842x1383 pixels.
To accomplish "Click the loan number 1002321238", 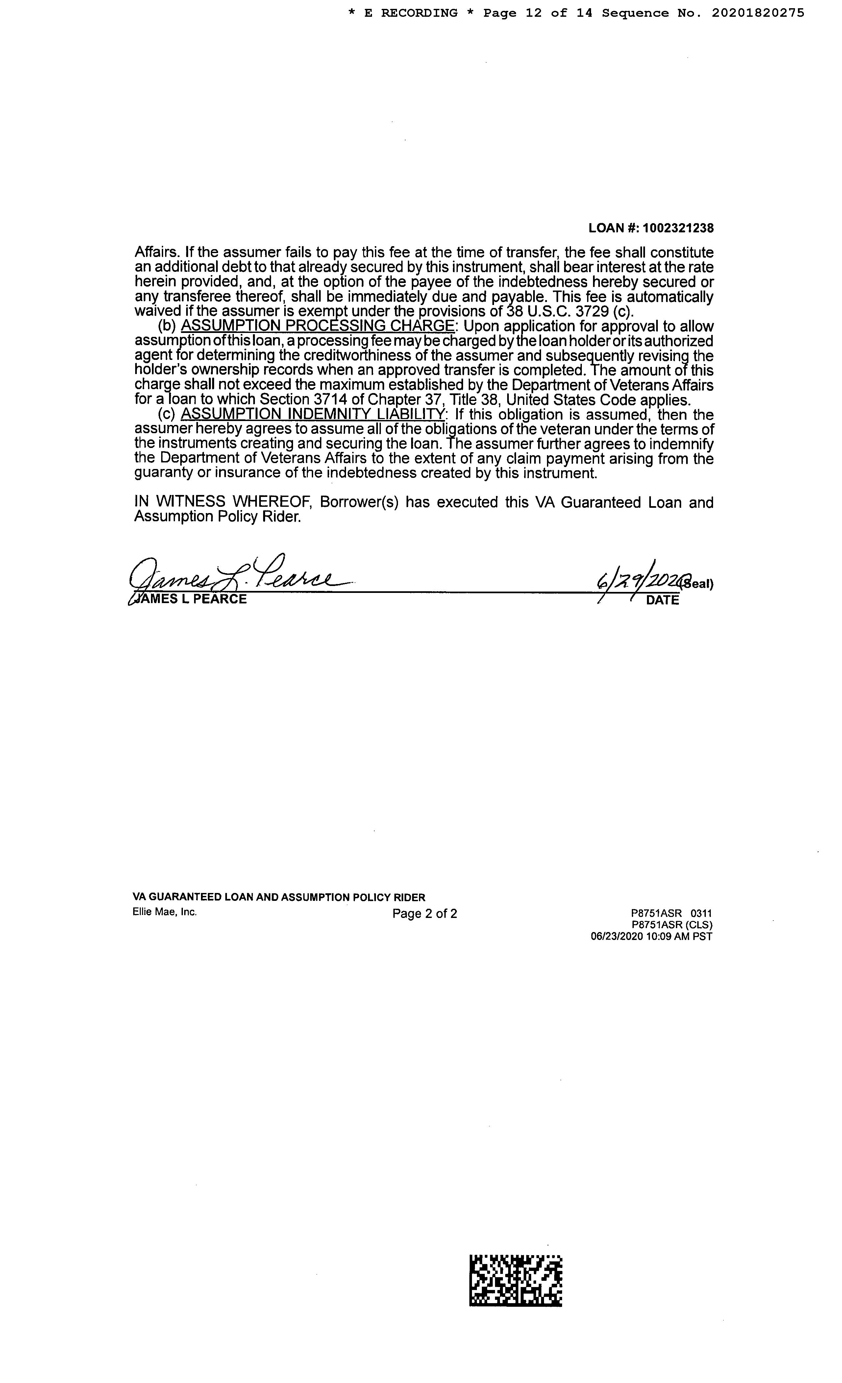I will point(678,228).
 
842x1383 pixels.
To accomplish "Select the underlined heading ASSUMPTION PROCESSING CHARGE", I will point(317,326).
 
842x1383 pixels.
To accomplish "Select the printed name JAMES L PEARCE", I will point(190,599).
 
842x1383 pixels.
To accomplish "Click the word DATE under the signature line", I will point(662,600).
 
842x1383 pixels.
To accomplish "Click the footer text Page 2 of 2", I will point(425,914).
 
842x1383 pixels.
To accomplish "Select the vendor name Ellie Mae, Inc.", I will point(164,912).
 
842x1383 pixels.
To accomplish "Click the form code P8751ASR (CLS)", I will point(672,925).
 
